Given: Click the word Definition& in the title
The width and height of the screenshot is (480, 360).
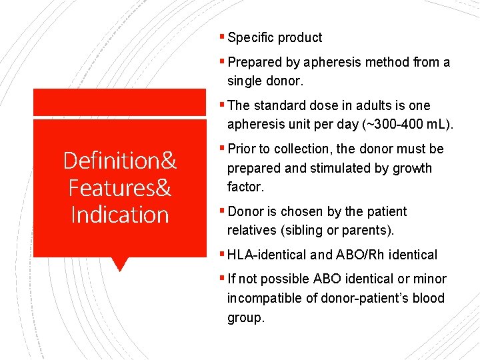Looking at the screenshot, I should [x=120, y=161].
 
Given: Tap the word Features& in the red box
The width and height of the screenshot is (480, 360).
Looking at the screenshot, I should [x=120, y=188].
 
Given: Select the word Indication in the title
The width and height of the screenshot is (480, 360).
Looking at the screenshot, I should [x=120, y=215].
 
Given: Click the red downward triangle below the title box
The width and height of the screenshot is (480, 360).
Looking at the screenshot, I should [x=119, y=264].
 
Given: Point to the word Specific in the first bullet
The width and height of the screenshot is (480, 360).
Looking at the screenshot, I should [x=251, y=38].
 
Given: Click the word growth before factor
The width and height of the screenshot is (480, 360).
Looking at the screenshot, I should [x=411, y=168].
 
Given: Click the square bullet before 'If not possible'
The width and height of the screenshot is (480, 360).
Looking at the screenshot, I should [x=223, y=279].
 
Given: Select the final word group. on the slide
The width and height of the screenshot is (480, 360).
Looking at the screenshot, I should [x=246, y=318].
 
